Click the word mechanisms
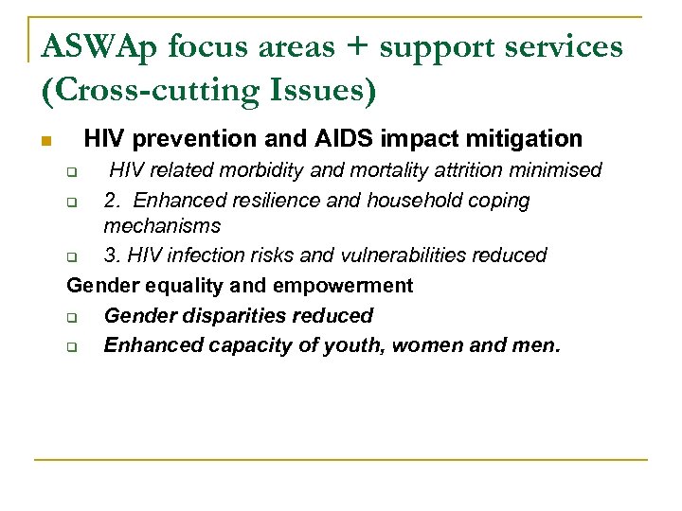pos(162,226)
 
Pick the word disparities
pos(242,316)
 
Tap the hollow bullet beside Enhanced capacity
pos(71,346)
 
